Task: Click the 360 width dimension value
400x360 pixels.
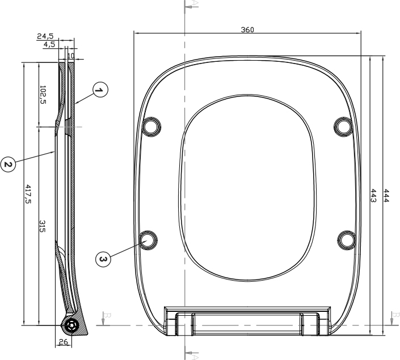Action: (x=247, y=30)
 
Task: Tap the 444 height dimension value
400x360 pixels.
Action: (x=386, y=196)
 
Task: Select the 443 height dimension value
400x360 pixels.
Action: (x=373, y=196)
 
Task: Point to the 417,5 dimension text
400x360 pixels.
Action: (x=28, y=194)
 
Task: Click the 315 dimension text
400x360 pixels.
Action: (x=42, y=226)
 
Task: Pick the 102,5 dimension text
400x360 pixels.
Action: (x=43, y=95)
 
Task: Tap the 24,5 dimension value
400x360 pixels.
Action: (x=45, y=36)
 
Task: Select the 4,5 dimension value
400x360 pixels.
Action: (x=49, y=44)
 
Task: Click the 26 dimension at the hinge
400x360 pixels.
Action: (x=64, y=342)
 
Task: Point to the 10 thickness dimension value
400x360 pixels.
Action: (x=71, y=56)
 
